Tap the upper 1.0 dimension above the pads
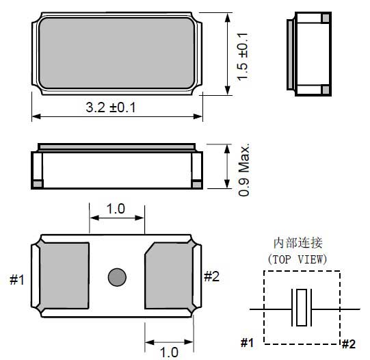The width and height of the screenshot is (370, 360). coord(116,209)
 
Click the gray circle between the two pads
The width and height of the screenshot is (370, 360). coord(117,277)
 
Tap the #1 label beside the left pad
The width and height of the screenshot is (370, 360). coord(18,279)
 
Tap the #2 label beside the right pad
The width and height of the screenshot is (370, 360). coord(212,276)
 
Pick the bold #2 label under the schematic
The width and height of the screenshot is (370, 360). coord(349,343)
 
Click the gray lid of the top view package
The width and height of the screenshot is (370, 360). coord(116,53)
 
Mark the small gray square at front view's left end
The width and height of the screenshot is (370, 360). coord(38,183)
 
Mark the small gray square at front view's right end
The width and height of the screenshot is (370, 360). coord(196,183)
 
